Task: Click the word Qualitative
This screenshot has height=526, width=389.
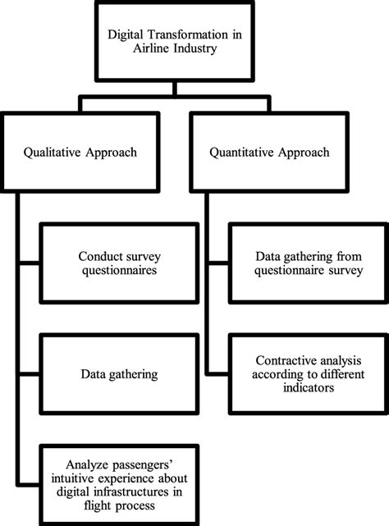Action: click(x=61, y=152)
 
